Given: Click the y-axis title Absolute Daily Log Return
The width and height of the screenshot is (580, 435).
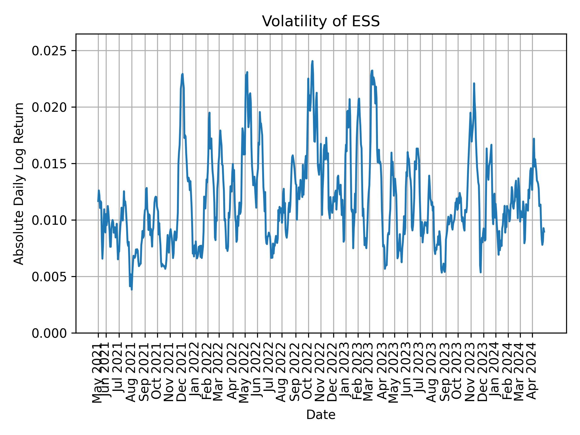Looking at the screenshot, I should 19,183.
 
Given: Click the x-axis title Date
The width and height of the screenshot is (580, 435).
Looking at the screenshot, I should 321,415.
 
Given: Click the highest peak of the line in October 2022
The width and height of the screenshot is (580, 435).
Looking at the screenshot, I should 312,61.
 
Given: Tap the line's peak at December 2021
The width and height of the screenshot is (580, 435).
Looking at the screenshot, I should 182,74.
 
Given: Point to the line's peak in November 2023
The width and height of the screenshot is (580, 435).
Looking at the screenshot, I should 474,83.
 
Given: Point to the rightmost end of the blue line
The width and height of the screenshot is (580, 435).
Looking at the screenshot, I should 544,232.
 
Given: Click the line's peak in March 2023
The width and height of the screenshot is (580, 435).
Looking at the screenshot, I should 372,71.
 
